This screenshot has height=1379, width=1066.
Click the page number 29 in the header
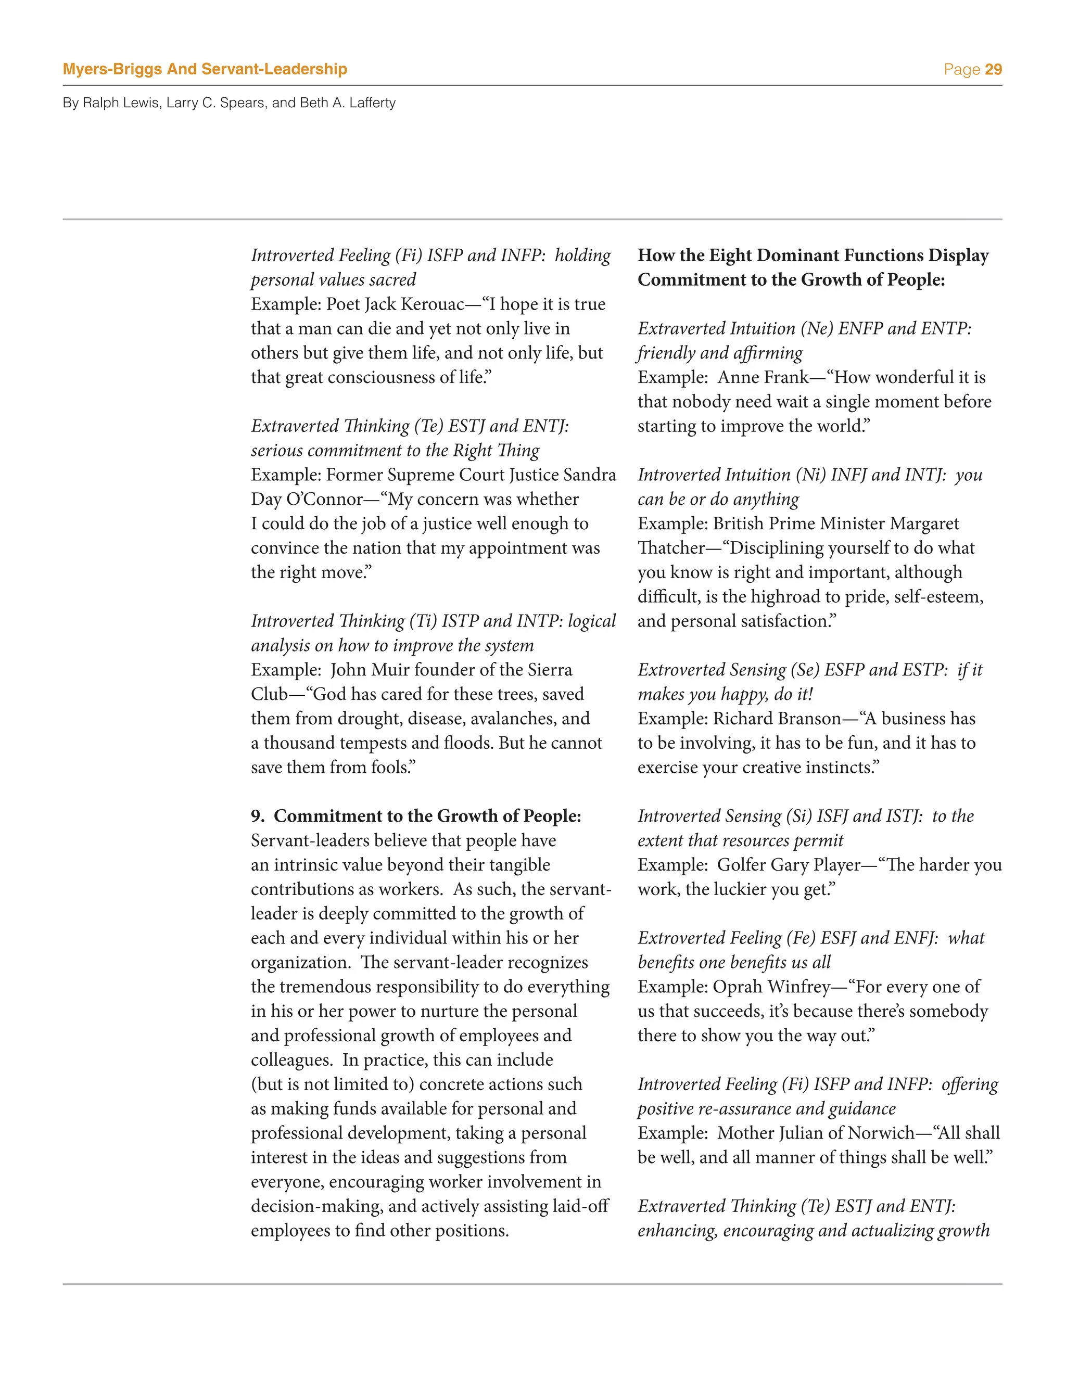tap(993, 69)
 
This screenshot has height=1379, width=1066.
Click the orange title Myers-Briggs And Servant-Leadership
tap(205, 69)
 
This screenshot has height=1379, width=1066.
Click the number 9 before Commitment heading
tap(257, 816)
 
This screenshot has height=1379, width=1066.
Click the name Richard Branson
tap(777, 719)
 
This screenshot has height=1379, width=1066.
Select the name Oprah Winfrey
tap(772, 987)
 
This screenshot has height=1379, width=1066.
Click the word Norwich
tap(880, 1133)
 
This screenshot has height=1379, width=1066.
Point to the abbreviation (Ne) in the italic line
tap(817, 329)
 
